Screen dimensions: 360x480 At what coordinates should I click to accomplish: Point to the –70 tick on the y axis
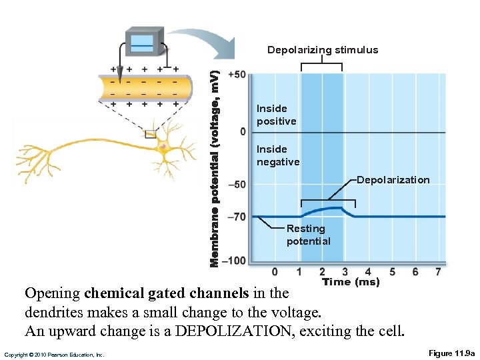(x=237, y=217)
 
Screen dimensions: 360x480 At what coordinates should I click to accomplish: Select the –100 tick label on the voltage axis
(x=234, y=260)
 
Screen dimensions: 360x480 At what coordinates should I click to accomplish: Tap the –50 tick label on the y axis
(x=237, y=185)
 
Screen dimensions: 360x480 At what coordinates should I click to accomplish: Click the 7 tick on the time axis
(x=438, y=272)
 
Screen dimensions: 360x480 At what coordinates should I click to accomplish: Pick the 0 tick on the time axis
(x=275, y=272)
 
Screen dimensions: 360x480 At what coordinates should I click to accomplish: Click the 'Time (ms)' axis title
(x=351, y=282)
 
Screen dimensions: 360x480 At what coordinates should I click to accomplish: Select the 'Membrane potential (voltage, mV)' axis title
(x=215, y=163)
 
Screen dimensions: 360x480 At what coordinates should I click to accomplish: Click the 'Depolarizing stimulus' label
(x=323, y=50)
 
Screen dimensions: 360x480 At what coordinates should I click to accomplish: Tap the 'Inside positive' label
(x=276, y=115)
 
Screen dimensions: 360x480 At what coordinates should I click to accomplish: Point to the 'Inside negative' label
(x=278, y=155)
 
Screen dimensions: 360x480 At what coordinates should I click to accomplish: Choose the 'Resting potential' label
(x=308, y=235)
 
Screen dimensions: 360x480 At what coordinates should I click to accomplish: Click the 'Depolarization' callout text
(x=393, y=180)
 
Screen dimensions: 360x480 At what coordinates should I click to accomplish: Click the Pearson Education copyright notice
(x=53, y=355)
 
